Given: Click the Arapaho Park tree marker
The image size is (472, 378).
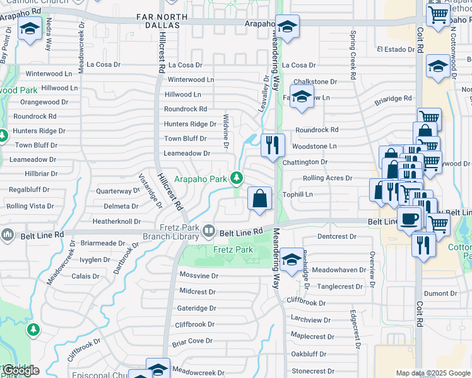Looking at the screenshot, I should (237, 179).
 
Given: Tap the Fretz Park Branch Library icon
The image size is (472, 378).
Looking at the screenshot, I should (208, 232).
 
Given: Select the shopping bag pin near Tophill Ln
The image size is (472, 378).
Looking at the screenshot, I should (260, 200).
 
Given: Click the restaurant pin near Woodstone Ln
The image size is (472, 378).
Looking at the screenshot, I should (273, 146).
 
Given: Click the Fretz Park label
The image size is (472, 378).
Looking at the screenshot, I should (233, 250).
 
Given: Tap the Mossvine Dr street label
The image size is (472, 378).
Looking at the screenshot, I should (199, 276).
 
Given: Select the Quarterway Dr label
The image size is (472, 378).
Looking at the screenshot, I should (118, 191).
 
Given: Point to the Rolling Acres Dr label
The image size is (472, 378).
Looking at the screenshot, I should (327, 178).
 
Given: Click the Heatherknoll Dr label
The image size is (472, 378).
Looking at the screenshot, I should (117, 221).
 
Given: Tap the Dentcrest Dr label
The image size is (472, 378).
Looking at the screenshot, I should (337, 237).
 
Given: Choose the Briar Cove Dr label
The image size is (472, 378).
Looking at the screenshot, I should (192, 341).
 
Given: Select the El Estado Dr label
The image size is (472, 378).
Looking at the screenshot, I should (395, 49).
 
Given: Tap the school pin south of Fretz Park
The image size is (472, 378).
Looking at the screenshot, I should (291, 261).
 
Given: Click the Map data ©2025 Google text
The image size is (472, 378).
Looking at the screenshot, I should (432, 373).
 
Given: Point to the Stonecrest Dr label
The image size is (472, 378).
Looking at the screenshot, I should (313, 372).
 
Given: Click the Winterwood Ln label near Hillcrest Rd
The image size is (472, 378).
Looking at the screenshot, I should (191, 80).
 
